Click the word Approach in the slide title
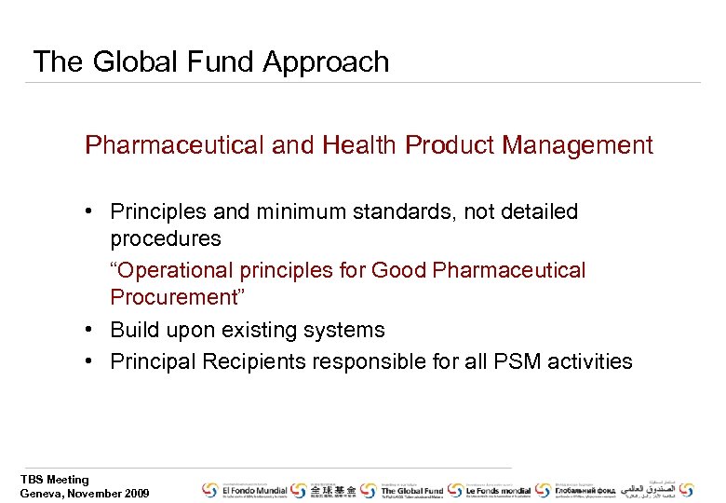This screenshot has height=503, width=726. coord(326,62)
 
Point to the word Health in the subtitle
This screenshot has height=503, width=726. coord(361,145)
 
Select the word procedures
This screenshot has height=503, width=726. coord(165,239)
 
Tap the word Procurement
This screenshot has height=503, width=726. coord(173,298)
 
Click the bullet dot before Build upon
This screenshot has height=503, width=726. coord(94,331)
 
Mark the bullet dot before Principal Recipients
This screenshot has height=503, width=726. coord(94,361)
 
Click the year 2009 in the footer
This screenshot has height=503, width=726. coord(134,494)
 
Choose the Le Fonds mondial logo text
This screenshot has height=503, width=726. coord(497,489)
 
